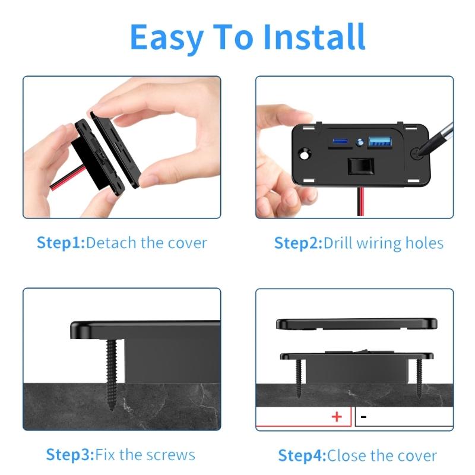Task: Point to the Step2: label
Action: tap(298, 243)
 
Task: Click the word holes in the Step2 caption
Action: tap(423, 243)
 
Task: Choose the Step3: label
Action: tap(70, 455)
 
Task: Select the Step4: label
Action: tap(302, 456)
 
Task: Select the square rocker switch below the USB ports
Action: tap(359, 167)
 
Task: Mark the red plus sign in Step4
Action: tap(337, 417)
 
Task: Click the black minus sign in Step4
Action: tap(363, 417)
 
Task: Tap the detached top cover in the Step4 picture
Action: tap(356, 324)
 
